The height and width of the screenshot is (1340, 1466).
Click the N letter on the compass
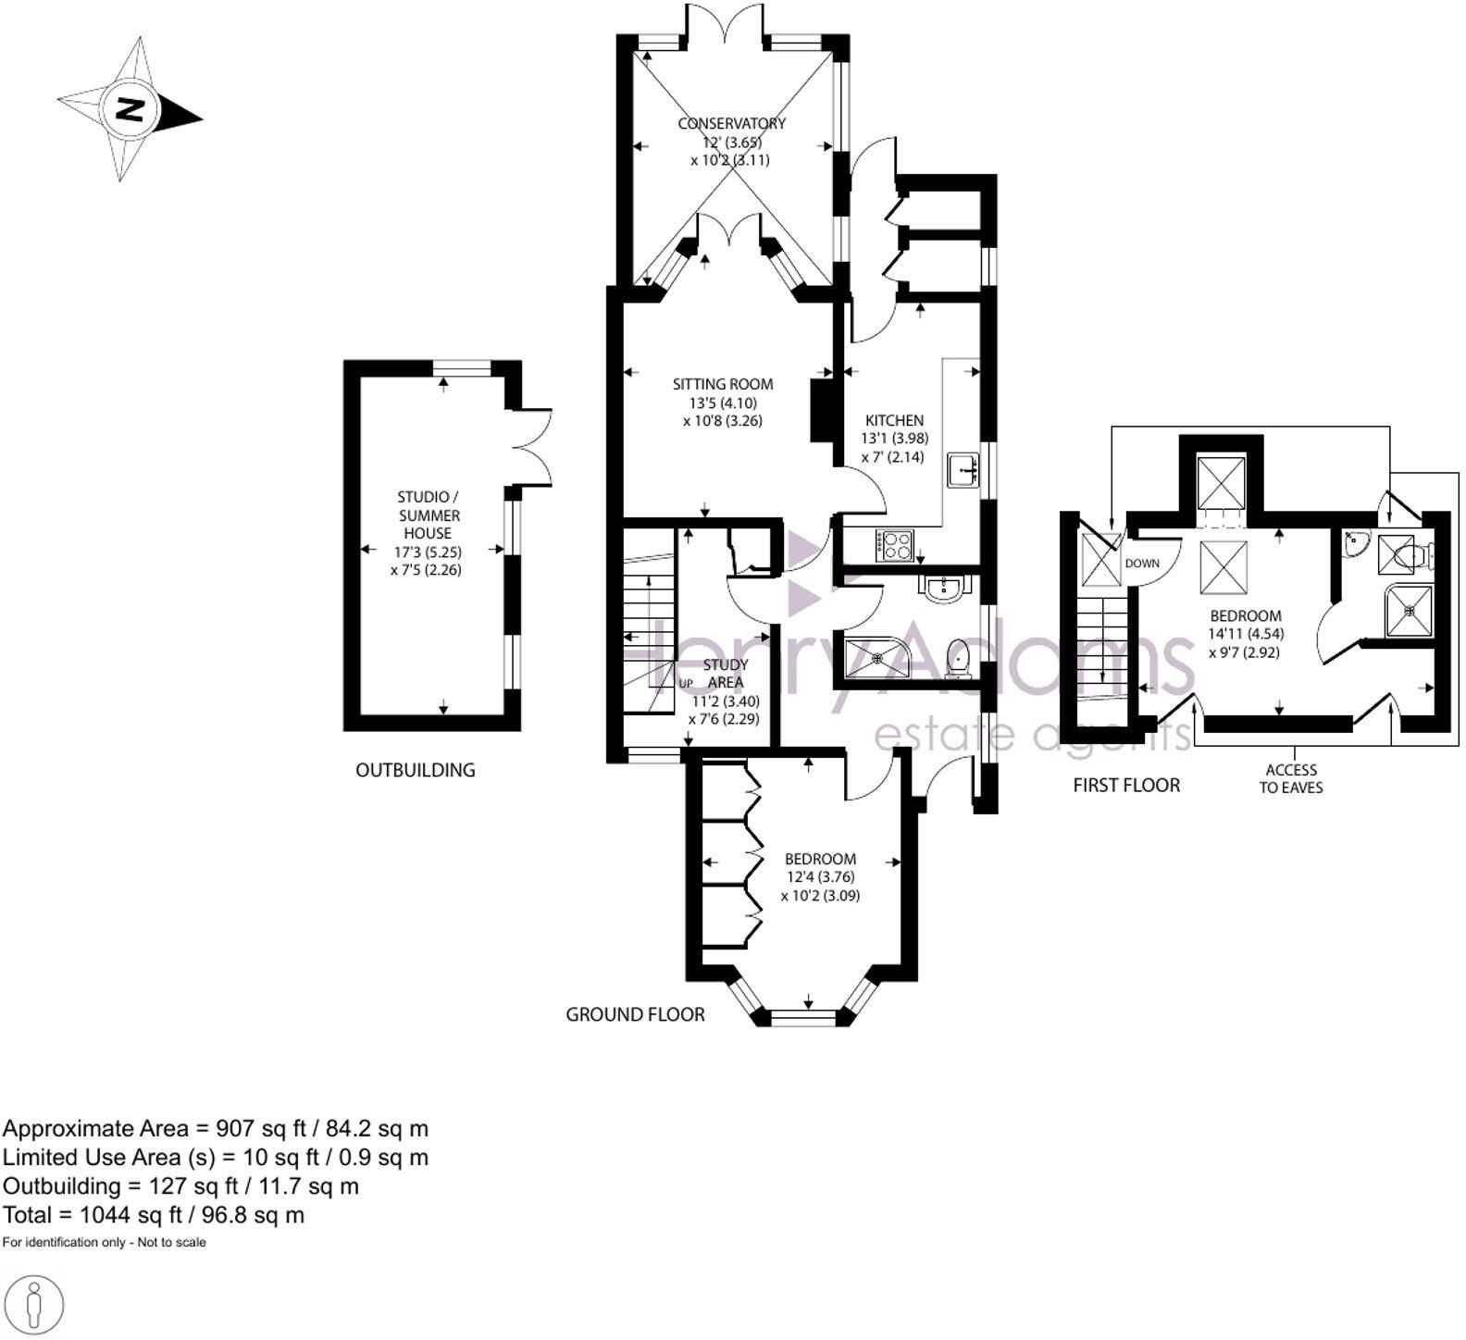coord(130,109)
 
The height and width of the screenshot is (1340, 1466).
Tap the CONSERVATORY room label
coord(731,124)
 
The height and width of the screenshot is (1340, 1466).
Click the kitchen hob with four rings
coord(894,544)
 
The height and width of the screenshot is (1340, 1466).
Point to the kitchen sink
coord(964,470)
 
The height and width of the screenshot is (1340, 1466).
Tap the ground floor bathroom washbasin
coord(944,589)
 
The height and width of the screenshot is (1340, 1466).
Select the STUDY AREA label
coord(726,674)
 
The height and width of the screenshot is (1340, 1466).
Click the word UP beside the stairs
coord(686,684)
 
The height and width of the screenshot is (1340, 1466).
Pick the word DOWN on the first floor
coord(1141,564)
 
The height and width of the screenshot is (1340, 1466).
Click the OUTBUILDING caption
coord(415,770)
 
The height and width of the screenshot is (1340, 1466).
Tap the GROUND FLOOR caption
coord(635,1015)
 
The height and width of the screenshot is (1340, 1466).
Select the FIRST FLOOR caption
coord(1126,786)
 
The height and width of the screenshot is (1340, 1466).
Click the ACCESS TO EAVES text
coord(1291,778)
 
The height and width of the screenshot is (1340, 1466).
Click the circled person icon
coord(33,1307)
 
